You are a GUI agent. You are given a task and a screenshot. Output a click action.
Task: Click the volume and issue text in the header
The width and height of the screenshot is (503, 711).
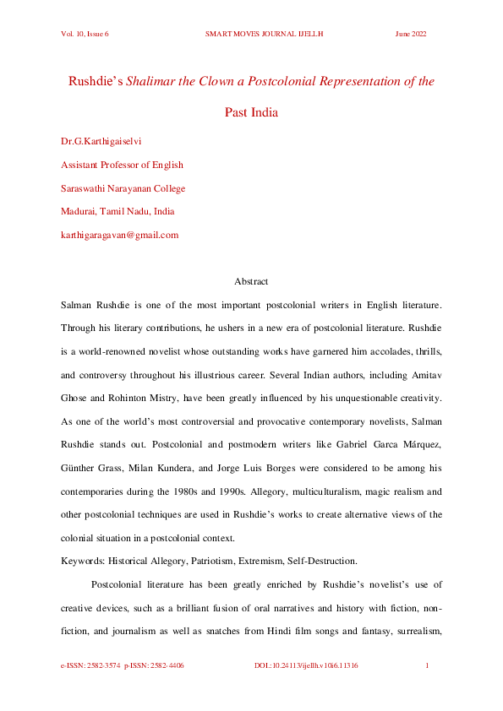(85, 34)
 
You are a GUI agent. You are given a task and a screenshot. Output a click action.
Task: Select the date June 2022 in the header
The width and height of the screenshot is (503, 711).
(411, 34)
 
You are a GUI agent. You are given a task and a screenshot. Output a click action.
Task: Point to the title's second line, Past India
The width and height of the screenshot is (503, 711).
(251, 112)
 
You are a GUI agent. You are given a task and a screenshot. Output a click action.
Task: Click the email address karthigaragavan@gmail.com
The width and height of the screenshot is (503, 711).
(119, 235)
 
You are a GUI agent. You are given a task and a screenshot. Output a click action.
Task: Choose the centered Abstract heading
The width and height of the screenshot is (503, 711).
(251, 281)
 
